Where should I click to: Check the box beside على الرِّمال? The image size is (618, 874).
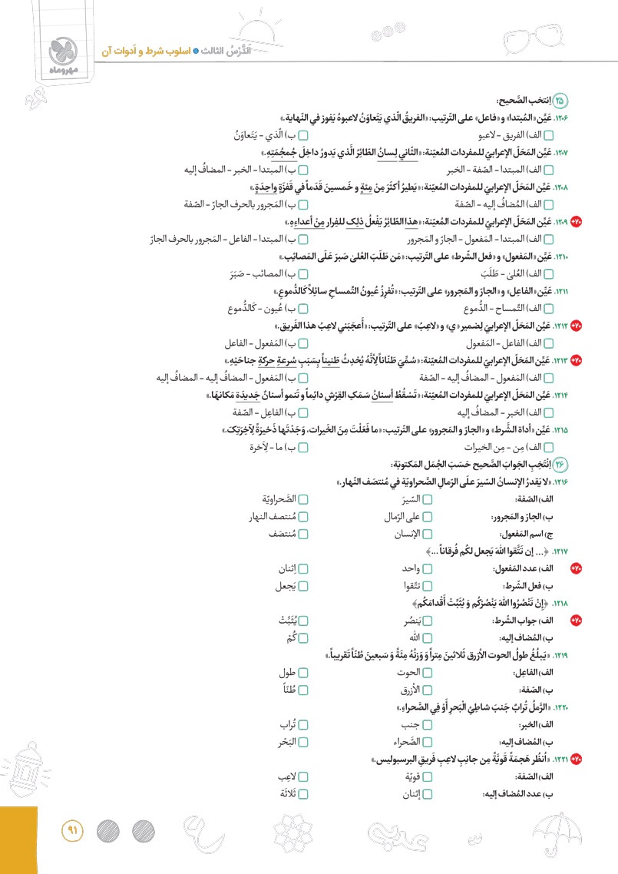coord(428,517)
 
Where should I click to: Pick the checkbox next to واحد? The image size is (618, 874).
coord(428,569)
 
